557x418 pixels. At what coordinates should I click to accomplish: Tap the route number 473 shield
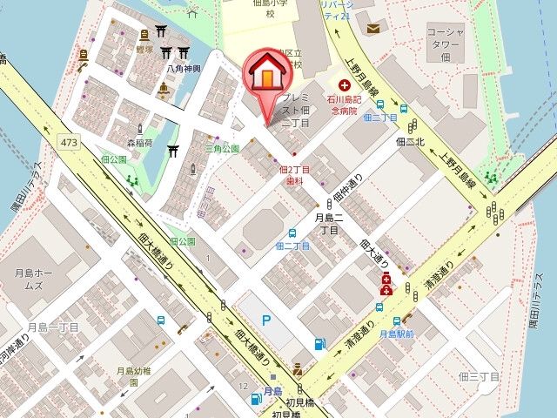coord(70,141)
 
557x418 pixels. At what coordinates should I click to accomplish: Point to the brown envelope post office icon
coord(372,29)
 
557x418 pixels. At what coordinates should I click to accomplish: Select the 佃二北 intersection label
coord(409,140)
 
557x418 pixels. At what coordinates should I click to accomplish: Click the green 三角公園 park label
coord(222,149)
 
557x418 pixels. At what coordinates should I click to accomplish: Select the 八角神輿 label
coord(184,67)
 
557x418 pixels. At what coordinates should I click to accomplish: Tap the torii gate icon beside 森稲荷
coord(172,150)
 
